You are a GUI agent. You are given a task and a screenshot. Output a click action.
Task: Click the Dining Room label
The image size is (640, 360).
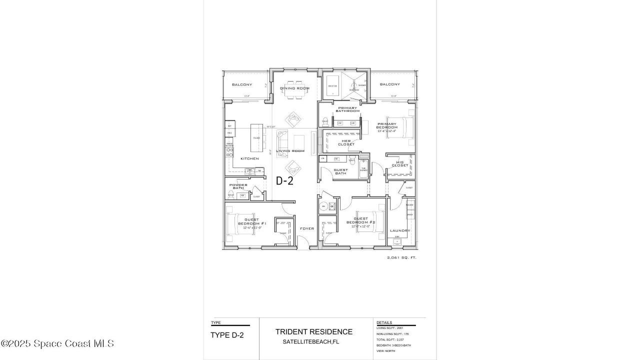point(294,88)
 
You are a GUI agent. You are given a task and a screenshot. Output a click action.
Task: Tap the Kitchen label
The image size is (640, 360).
point(249,158)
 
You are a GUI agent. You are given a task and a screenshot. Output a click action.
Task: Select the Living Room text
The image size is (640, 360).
point(290,150)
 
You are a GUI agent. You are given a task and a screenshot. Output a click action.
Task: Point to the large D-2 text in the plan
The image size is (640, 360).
point(284,181)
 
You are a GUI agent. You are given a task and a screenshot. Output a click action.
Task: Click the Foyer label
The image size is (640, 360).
point(306,228)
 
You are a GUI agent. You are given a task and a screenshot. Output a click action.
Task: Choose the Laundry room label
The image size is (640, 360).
point(400,230)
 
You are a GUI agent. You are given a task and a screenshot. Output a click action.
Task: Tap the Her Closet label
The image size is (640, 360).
point(346,142)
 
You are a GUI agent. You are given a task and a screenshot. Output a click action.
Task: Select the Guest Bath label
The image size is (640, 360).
point(340,171)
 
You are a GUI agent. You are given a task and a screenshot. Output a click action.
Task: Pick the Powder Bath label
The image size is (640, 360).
point(238,186)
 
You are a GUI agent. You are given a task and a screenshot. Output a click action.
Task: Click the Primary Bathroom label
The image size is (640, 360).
point(347,109)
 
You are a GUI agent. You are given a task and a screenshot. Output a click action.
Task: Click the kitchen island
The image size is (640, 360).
point(256,138)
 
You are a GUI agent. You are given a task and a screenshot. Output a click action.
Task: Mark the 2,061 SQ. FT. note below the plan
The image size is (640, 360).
point(401,257)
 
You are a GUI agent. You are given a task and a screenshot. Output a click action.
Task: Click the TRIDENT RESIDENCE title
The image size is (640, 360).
point(313,331)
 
